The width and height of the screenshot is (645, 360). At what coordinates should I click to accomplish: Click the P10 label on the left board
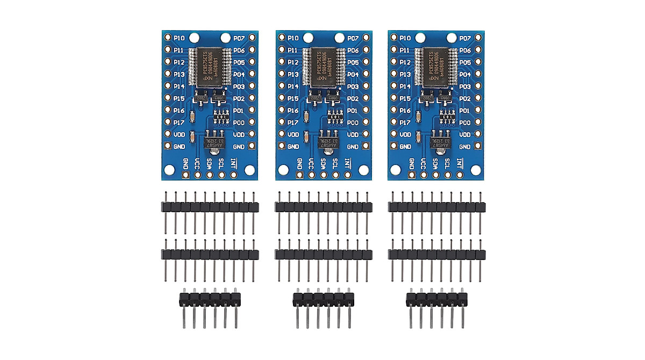[180, 38]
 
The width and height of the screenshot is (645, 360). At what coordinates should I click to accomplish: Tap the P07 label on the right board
[465, 38]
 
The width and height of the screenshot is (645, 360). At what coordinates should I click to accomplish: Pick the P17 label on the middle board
[293, 123]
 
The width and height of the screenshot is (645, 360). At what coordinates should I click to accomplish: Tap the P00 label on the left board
[239, 123]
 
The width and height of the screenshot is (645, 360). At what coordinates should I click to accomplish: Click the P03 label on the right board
[465, 87]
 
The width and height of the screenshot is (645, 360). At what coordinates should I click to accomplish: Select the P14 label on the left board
[180, 87]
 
